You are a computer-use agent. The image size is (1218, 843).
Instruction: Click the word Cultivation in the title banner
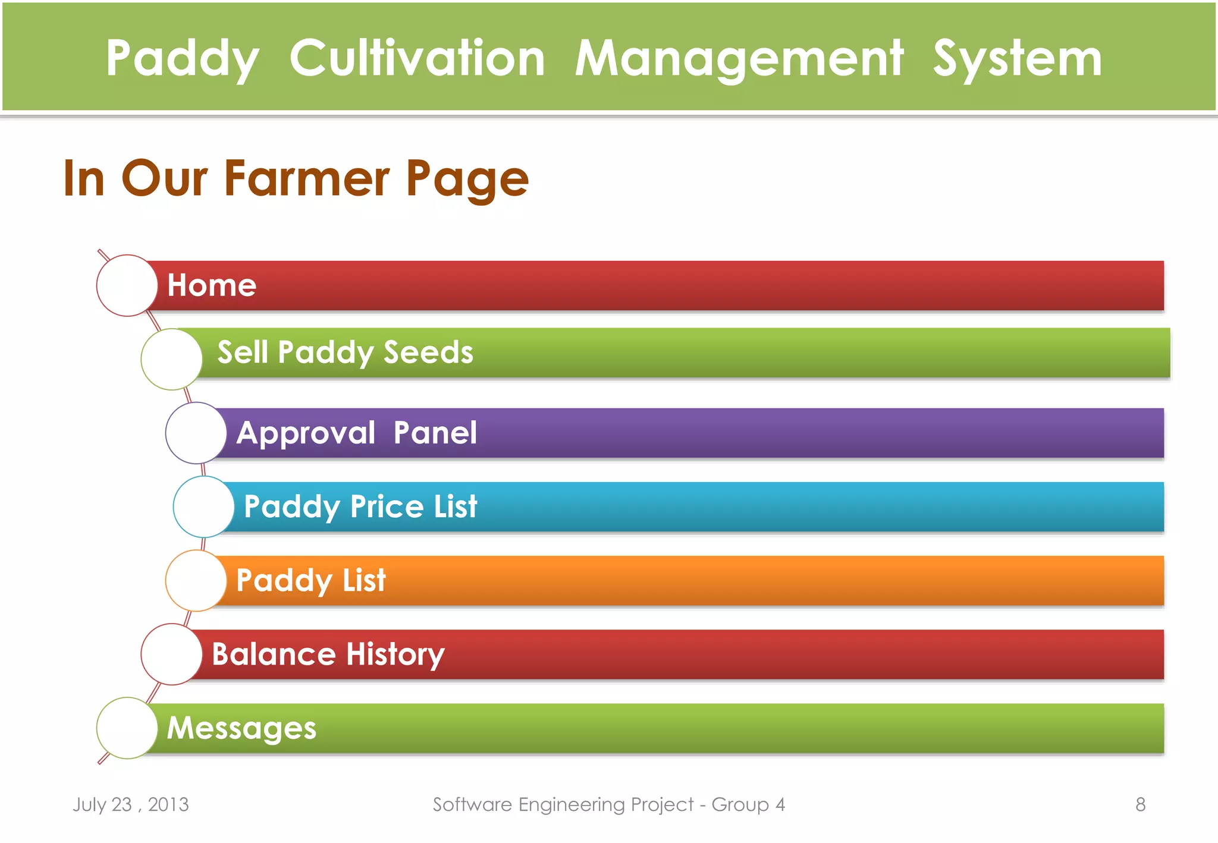click(x=417, y=58)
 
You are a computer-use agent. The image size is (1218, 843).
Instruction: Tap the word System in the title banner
click(x=1018, y=58)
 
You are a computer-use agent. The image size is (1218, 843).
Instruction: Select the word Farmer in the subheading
click(x=307, y=178)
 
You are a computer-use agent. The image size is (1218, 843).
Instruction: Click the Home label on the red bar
click(x=212, y=285)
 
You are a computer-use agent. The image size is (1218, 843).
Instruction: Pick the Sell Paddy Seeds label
click(x=345, y=352)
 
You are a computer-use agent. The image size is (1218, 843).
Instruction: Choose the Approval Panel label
click(x=356, y=433)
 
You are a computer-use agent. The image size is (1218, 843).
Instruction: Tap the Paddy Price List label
click(x=360, y=507)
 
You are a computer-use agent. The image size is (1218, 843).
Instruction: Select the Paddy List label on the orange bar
click(x=311, y=580)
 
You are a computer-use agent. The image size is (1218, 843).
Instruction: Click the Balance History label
click(x=328, y=654)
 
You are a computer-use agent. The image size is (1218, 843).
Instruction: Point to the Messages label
click(x=241, y=728)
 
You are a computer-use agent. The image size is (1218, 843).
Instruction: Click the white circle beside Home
click(x=127, y=285)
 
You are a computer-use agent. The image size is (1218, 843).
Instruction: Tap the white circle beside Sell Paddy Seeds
click(x=171, y=359)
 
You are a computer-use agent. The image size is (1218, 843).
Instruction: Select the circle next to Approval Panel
click(x=196, y=433)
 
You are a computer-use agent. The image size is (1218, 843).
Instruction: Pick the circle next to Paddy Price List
click(x=203, y=507)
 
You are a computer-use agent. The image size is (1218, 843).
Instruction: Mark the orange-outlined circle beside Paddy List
click(x=196, y=580)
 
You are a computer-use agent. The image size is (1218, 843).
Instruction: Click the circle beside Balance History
click(x=171, y=654)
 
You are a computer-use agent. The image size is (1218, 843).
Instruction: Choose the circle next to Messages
click(x=127, y=728)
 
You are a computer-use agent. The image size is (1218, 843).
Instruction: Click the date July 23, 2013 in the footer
click(x=131, y=804)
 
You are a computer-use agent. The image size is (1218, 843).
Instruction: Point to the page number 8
click(x=1140, y=804)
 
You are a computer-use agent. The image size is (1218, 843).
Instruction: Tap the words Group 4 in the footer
click(x=748, y=804)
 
